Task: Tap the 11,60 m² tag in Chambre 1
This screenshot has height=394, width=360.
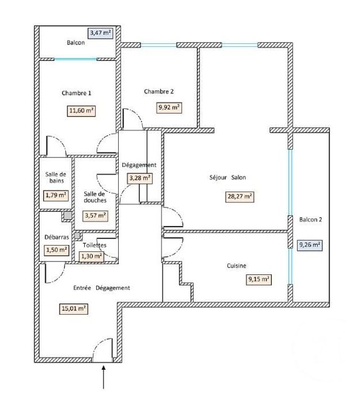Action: tap(81, 111)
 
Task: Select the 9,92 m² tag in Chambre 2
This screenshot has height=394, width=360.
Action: tap(169, 107)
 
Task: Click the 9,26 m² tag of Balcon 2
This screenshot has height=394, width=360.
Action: tap(309, 244)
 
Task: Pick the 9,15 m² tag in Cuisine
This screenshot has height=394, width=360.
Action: tap(259, 279)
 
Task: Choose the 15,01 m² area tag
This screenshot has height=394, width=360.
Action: tap(74, 308)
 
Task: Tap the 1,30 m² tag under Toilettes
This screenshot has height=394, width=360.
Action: tap(91, 256)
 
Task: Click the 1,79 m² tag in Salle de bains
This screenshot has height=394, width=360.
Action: tap(56, 196)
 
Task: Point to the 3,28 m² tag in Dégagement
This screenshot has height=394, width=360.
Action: tap(139, 178)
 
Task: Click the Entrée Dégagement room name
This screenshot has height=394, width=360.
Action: tap(102, 288)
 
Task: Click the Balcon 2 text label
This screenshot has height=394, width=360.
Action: tap(310, 220)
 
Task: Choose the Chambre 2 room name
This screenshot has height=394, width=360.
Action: tap(159, 92)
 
